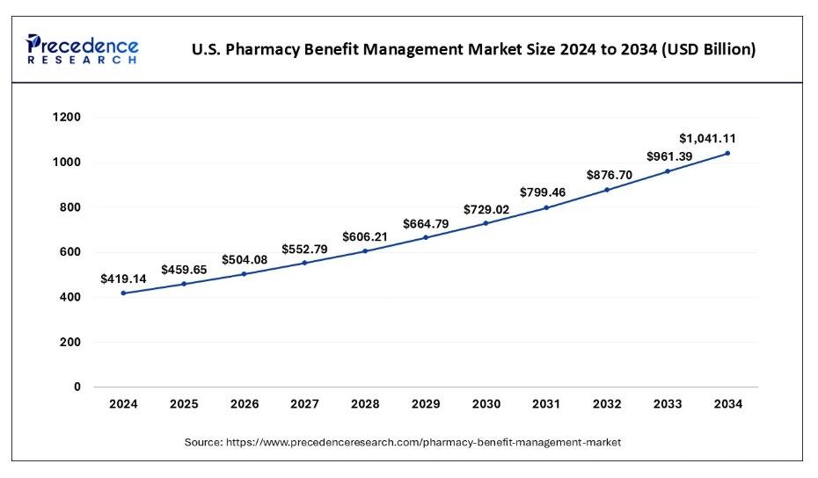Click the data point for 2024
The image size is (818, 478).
point(123,293)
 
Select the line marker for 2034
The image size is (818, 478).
point(727,154)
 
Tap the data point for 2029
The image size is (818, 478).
point(426,237)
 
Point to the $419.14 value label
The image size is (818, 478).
point(123,279)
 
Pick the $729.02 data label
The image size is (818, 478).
point(486,209)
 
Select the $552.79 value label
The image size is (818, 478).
point(305,250)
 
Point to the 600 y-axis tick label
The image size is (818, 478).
point(70,252)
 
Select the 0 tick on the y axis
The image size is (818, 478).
point(77,387)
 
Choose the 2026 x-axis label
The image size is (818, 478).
point(245,404)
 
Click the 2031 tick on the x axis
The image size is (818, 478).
point(547,404)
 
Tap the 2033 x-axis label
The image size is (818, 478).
point(668,404)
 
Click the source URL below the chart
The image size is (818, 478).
point(423,443)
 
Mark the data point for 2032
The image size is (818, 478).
point(607,190)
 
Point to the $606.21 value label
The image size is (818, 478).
point(365,237)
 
